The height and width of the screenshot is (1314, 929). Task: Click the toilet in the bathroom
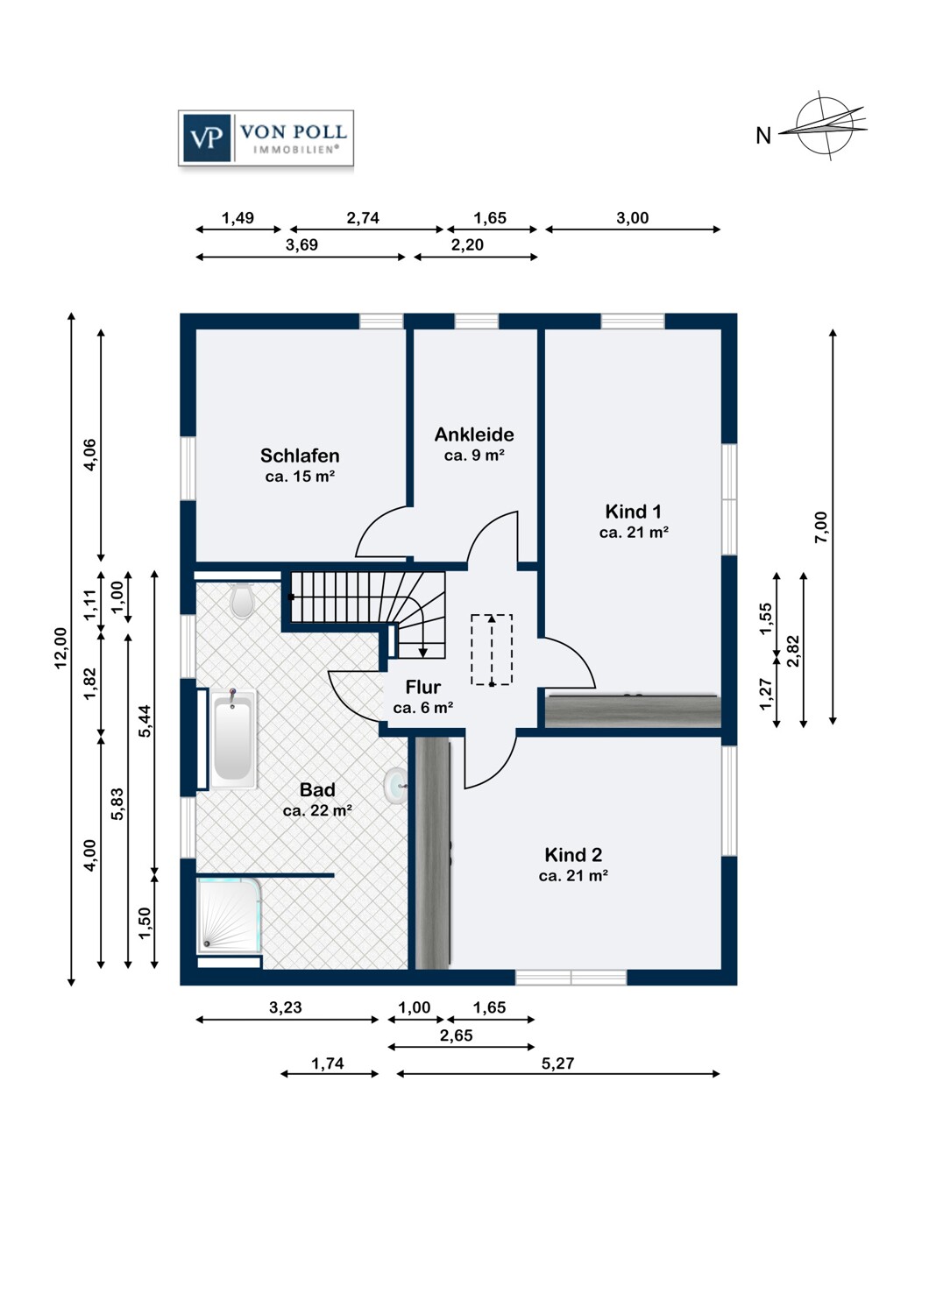coord(242,600)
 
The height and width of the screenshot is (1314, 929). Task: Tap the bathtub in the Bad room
coord(233,738)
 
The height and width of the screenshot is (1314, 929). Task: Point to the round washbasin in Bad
coord(395,784)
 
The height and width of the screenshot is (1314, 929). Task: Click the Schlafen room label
coord(300,456)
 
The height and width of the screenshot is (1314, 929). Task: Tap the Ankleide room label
coord(474,434)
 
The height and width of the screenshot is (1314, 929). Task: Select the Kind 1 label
coord(634,512)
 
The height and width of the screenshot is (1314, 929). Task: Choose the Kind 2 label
coord(573,855)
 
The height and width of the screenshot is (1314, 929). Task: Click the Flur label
coord(422,686)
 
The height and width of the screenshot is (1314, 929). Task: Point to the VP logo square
coord(207,138)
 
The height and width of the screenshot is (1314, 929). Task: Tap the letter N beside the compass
coord(762,136)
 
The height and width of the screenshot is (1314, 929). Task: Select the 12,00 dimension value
coord(61,647)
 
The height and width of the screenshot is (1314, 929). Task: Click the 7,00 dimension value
coord(821,526)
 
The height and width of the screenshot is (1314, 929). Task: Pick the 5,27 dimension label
coord(557,1063)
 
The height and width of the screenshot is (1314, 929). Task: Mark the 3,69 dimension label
coord(301,244)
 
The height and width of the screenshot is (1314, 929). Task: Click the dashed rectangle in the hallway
coord(492,649)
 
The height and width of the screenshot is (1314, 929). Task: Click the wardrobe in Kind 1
coord(633,711)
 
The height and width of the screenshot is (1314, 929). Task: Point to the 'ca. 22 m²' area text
coord(317,810)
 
